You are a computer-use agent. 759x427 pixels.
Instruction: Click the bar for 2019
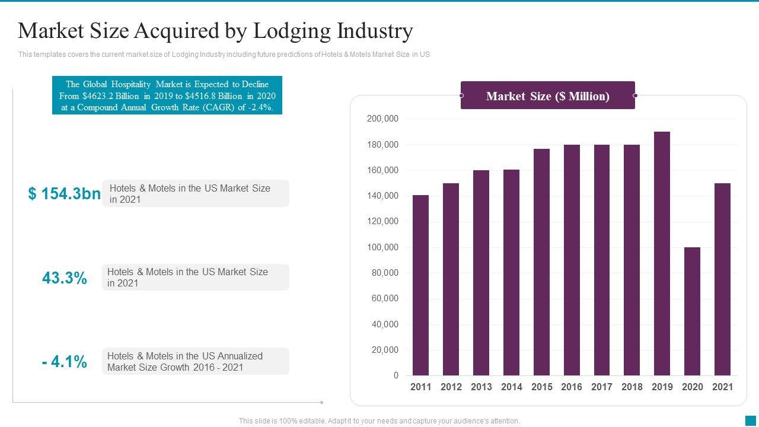662,254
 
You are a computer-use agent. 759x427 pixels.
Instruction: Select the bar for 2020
692,311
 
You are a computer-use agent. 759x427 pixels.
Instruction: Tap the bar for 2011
420,285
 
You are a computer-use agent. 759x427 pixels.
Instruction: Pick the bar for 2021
722,279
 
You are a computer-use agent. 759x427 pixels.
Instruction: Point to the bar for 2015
541,262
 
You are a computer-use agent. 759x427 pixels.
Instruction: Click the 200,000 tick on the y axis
382,119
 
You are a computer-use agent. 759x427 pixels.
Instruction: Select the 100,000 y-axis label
382,247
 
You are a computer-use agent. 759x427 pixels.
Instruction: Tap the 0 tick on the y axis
396,375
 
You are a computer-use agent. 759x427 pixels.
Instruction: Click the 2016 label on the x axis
572,387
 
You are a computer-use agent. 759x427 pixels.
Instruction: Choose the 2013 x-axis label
481,387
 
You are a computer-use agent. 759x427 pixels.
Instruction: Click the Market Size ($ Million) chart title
547,96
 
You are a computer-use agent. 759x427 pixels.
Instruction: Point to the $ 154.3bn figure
64,194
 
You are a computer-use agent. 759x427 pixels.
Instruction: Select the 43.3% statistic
65,278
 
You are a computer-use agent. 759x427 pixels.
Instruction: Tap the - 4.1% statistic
65,361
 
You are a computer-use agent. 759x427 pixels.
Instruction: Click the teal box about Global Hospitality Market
167,95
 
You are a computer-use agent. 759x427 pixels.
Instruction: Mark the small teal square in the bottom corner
751,420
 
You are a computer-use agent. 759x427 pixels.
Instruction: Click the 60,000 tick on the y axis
385,299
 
